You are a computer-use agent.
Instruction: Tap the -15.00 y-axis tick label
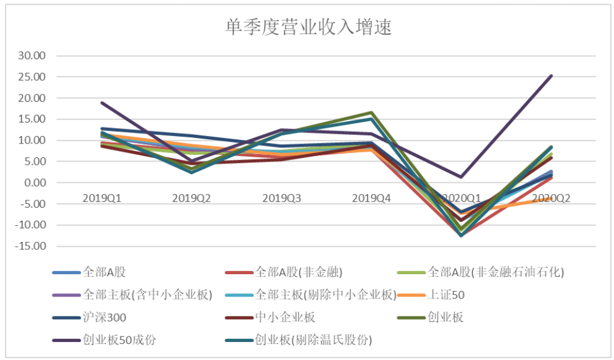tap(32, 246)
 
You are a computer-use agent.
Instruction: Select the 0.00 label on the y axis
tap(35, 183)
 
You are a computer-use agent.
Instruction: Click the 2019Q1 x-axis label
tap(102, 198)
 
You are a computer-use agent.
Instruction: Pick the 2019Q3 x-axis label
tap(282, 198)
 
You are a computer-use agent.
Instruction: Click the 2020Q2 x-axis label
tap(551, 198)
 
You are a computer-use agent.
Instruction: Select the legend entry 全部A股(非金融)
tap(299, 272)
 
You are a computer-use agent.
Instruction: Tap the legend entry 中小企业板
tap(285, 318)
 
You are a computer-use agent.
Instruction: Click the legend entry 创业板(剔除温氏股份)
tap(314, 340)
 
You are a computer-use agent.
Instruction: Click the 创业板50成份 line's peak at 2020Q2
tap(551, 76)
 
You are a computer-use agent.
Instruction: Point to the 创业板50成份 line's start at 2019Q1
tap(102, 103)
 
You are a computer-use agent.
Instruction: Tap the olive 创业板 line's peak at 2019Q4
tap(372, 113)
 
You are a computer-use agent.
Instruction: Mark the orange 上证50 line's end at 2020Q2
tap(551, 198)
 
